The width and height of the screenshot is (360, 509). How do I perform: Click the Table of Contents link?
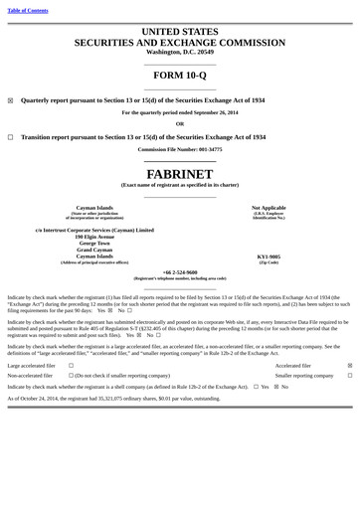coord(28,10)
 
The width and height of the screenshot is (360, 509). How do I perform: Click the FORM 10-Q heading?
coord(180,76)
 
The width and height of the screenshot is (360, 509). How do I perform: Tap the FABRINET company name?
coord(180,173)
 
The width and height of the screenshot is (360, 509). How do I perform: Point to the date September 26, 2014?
coord(210,112)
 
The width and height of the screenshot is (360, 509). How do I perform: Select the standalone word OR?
coord(180,124)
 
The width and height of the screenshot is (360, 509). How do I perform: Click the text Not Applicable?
coord(269,208)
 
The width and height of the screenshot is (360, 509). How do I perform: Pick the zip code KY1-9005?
coord(269,256)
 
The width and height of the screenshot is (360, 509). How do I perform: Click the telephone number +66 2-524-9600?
coord(180,272)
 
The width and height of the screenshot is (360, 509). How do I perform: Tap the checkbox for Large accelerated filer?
coord(71,366)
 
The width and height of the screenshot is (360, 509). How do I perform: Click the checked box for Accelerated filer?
coord(349,366)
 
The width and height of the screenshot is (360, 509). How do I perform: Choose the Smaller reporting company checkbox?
coord(349,376)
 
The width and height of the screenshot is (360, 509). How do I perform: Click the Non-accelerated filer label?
coord(31,376)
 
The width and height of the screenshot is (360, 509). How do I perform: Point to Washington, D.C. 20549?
coord(180,52)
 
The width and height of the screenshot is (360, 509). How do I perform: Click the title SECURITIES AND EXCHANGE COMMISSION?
coord(180,43)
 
